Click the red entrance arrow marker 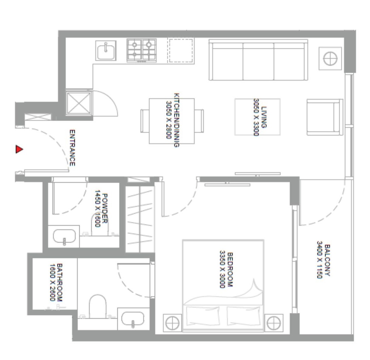point(19,149)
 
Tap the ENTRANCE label point(72,148)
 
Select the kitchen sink point(106,50)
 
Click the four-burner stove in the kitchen point(142,50)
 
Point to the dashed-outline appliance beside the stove point(181,50)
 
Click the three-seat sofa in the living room point(258,60)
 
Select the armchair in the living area point(325,117)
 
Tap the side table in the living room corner point(330,59)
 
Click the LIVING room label point(264,117)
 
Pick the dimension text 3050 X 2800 point(169,120)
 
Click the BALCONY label point(327,260)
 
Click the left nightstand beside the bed point(172,323)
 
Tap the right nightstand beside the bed point(274,323)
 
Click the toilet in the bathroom point(98,306)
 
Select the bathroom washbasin point(133,319)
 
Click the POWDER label point(105,208)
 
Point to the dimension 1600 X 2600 point(52,282)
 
